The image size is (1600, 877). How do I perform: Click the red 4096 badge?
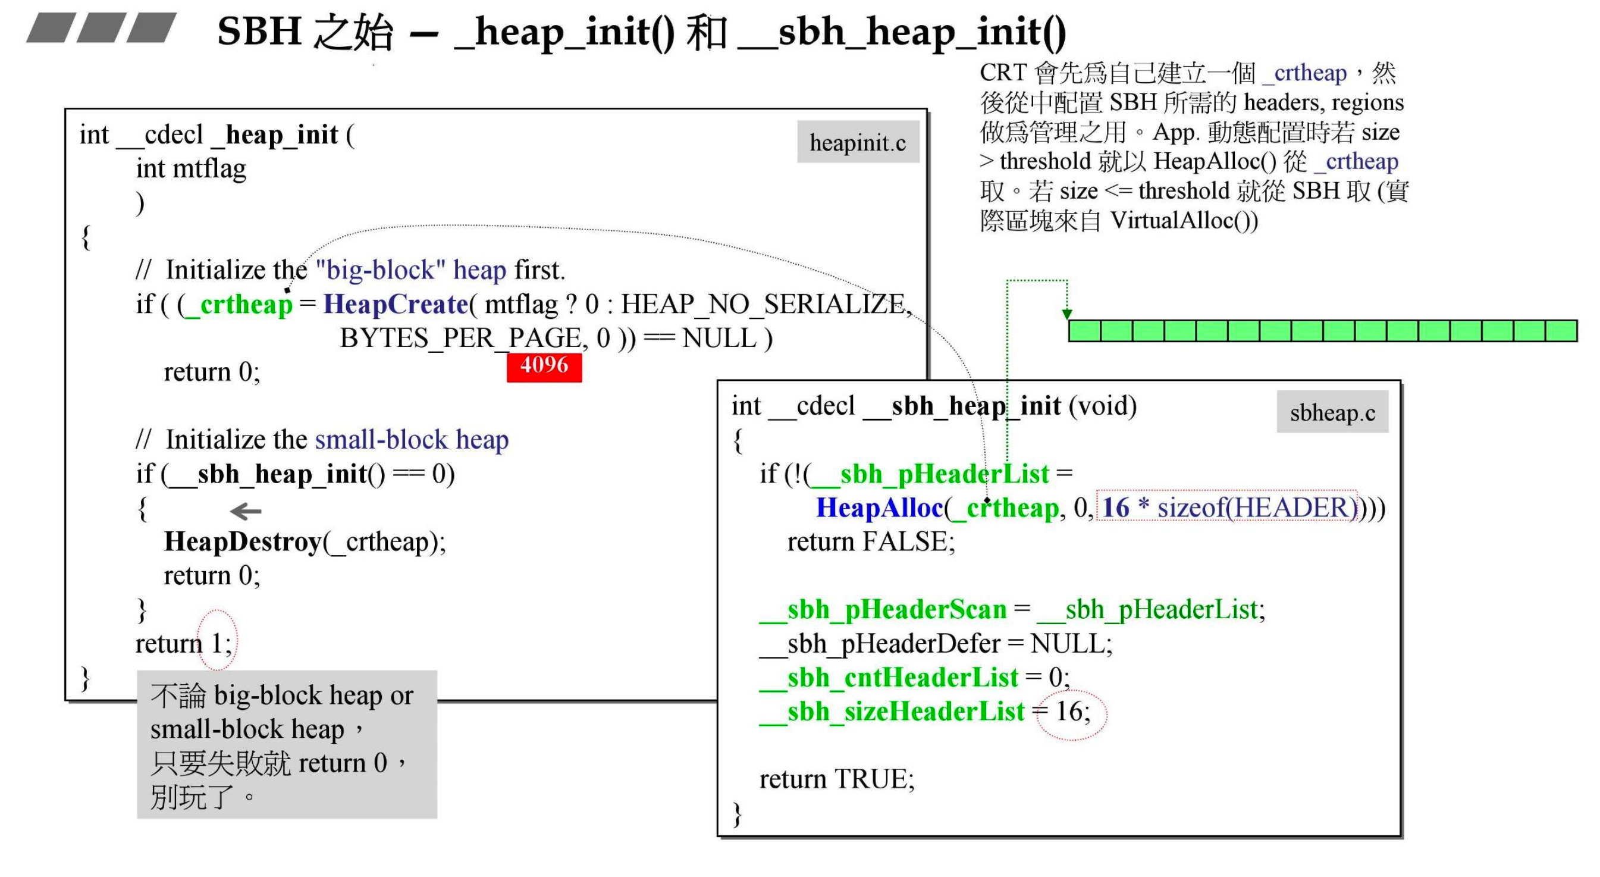544,366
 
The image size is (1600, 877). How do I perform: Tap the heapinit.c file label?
858,142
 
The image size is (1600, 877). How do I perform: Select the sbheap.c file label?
1332,412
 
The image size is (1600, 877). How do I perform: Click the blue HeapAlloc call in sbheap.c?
880,508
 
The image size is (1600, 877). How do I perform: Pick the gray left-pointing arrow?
246,511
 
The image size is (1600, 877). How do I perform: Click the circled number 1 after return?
217,642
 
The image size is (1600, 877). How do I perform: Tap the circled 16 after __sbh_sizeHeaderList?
1070,712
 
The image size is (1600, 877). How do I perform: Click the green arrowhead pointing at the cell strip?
1067,314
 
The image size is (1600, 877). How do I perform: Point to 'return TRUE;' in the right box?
837,779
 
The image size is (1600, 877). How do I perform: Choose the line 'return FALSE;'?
871,541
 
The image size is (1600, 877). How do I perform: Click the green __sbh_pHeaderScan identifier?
883,609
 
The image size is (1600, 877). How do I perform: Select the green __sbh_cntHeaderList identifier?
889,678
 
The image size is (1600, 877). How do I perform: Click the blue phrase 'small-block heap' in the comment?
412,440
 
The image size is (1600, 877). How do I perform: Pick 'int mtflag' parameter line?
192,168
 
